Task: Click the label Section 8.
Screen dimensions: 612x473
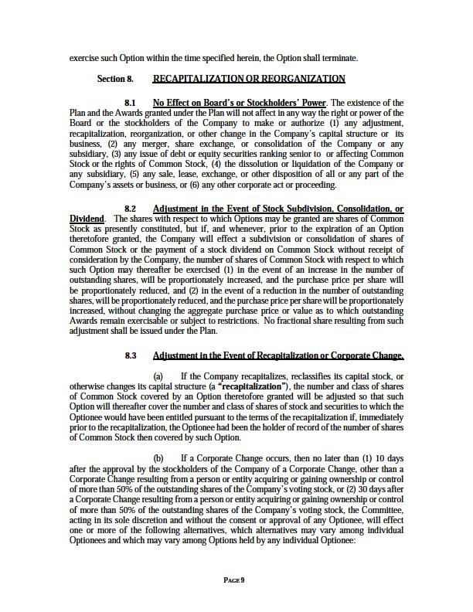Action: (x=115, y=79)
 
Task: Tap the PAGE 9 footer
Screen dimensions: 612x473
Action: (x=234, y=580)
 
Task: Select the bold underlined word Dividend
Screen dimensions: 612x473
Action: (x=86, y=219)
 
